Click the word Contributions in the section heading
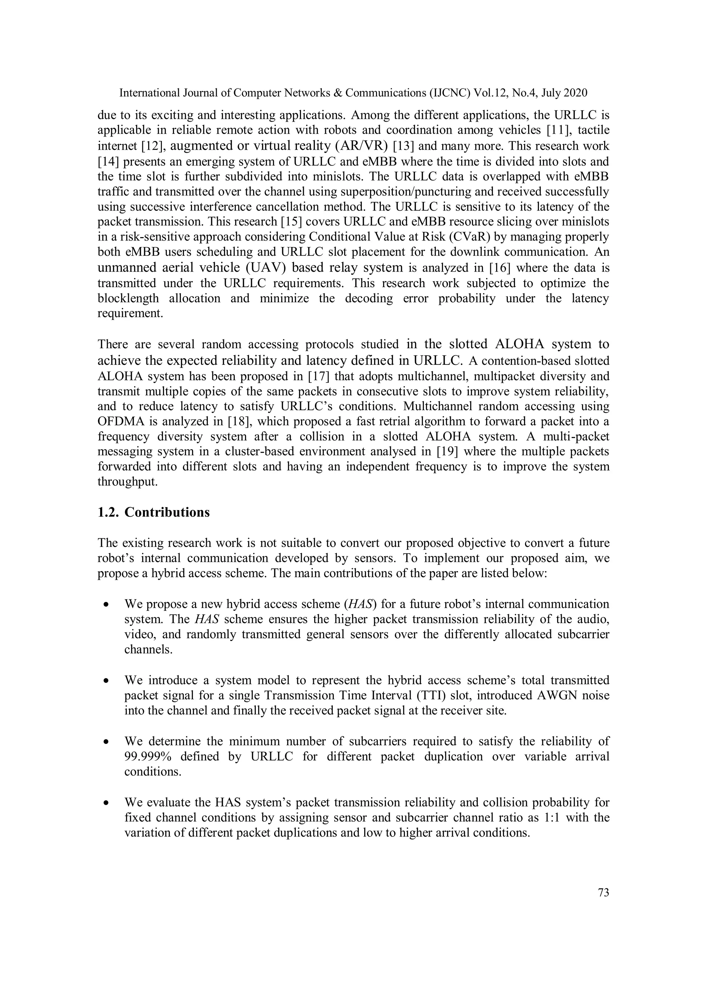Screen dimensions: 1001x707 (x=167, y=512)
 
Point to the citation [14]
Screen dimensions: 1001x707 (x=108, y=162)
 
